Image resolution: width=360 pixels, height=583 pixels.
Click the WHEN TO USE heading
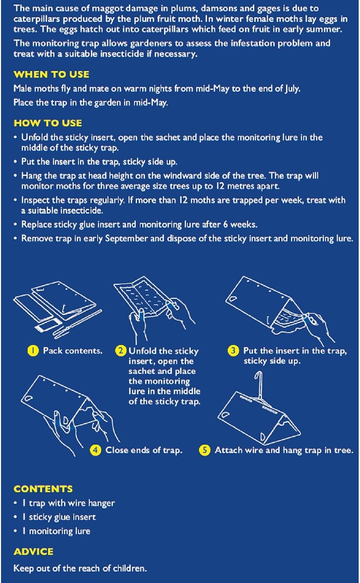(x=51, y=75)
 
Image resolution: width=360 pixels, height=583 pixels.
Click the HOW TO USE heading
(x=48, y=123)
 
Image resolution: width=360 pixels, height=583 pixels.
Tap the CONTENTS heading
(x=43, y=489)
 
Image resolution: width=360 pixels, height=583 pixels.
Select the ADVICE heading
(x=33, y=552)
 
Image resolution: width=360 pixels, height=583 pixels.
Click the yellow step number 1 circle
(x=33, y=351)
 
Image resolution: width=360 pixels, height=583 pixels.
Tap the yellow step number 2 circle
(x=121, y=351)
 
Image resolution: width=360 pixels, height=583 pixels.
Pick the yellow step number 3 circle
(x=233, y=351)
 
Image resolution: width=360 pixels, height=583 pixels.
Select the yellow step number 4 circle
(x=96, y=450)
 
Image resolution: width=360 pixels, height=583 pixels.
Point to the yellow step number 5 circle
(x=204, y=450)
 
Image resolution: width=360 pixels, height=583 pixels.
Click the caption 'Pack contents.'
(x=73, y=351)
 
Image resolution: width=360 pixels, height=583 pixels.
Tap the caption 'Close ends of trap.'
(x=144, y=450)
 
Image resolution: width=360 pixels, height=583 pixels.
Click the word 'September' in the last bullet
(x=126, y=239)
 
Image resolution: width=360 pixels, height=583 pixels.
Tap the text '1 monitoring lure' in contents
(x=56, y=531)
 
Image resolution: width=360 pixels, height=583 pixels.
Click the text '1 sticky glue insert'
(x=59, y=517)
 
